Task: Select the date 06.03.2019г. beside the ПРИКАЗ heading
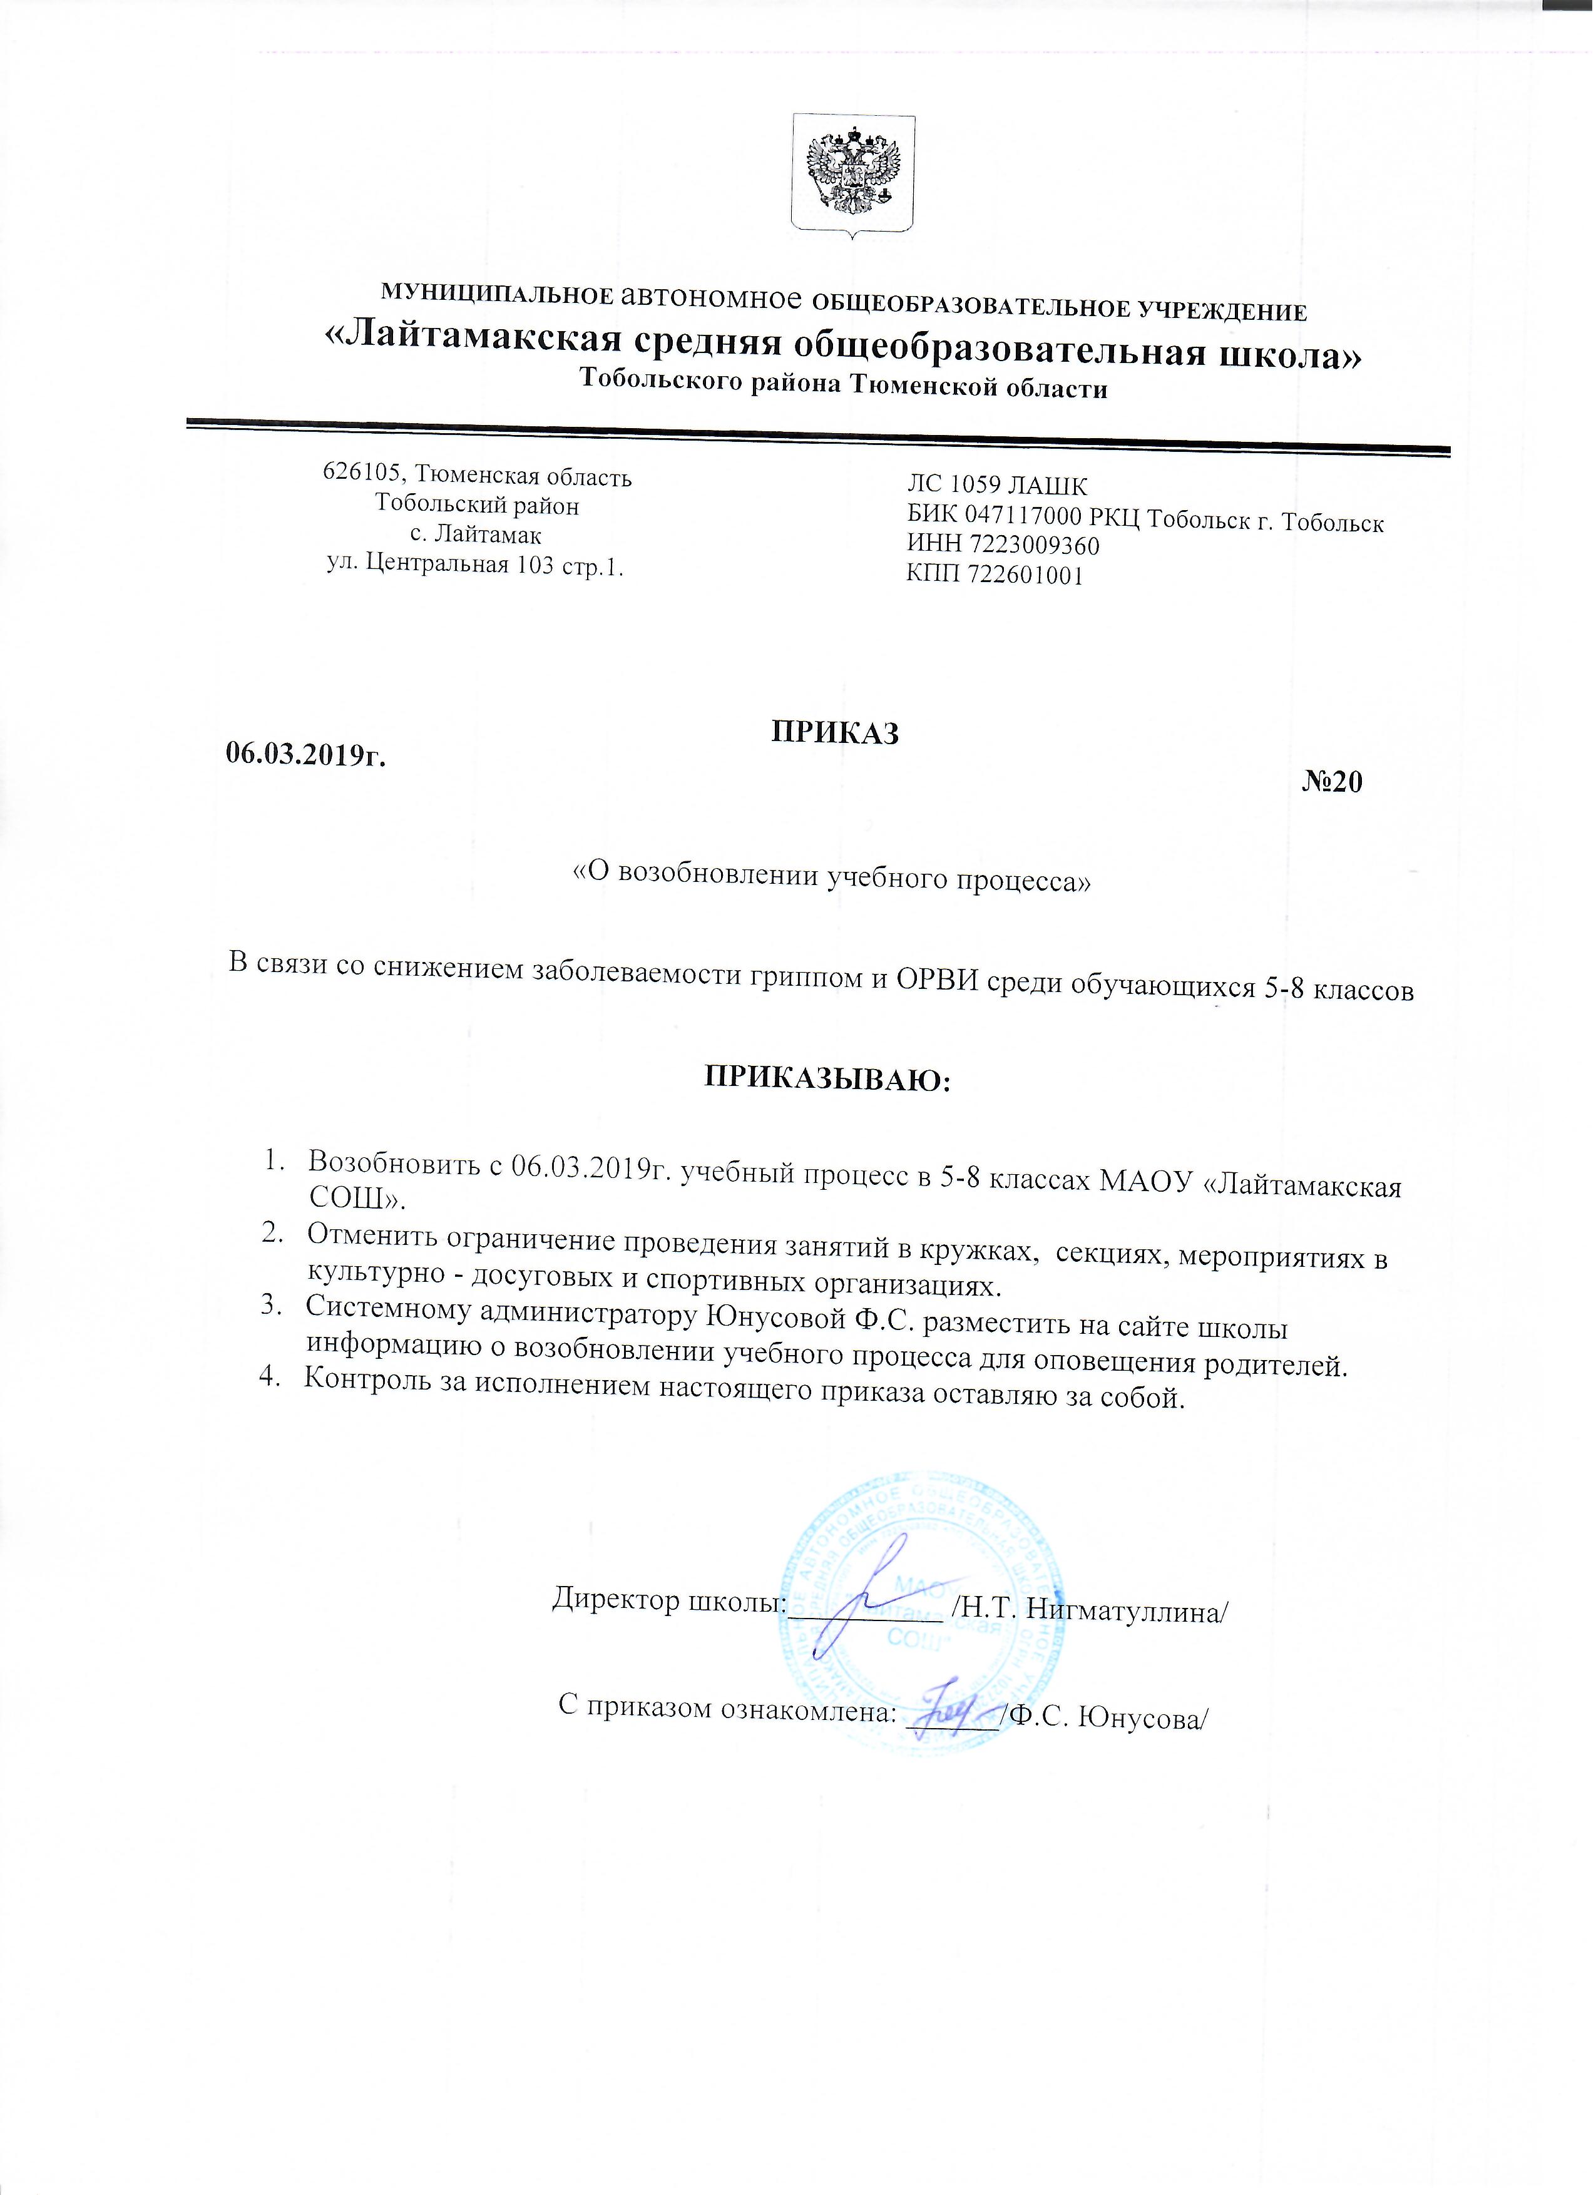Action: pos(305,755)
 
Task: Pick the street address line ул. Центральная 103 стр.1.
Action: pos(475,566)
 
